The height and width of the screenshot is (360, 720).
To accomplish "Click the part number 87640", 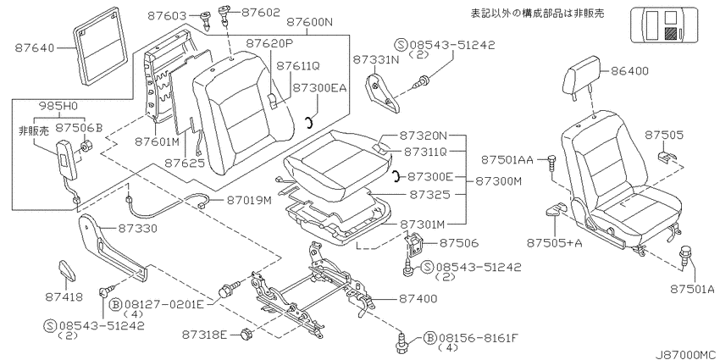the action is coord(34,47).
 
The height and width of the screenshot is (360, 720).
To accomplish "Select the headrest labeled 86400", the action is coord(582,77).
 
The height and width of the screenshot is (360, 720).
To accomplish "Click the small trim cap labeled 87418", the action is coord(67,270).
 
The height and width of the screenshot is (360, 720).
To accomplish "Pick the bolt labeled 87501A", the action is coord(685,255).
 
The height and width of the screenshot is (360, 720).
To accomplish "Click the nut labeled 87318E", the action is coord(246,335).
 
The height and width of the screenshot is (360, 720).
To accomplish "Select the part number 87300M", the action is coord(498,181).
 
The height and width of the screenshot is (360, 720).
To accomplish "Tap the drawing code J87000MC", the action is coord(686,354).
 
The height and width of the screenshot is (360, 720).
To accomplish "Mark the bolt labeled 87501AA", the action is coord(552,163).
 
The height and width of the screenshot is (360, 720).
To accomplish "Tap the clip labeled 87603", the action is coord(205,19).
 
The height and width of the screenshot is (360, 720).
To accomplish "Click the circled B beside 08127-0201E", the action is coord(115,304).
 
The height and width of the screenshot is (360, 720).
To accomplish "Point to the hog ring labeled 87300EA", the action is coord(310,122).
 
